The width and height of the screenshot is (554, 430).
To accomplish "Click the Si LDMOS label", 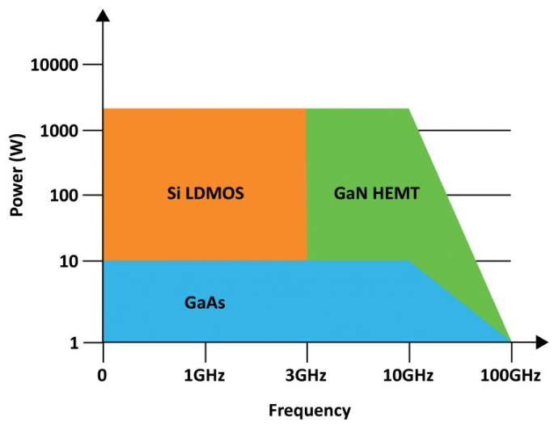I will click(x=205, y=194).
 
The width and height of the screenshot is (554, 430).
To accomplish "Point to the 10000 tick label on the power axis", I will click(x=53, y=65).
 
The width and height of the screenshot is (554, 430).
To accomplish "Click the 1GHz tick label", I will click(x=205, y=376).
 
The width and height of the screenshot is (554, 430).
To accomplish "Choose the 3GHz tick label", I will click(x=307, y=376).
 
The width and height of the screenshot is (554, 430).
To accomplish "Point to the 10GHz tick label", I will click(x=408, y=376).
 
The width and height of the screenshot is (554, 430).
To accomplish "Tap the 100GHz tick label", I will click(x=510, y=376).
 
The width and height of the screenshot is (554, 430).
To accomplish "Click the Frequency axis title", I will click(x=310, y=411).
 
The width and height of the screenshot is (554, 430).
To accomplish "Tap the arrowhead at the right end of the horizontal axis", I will click(x=537, y=343).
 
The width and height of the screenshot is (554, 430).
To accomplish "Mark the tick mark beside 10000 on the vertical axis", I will click(x=92, y=65).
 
